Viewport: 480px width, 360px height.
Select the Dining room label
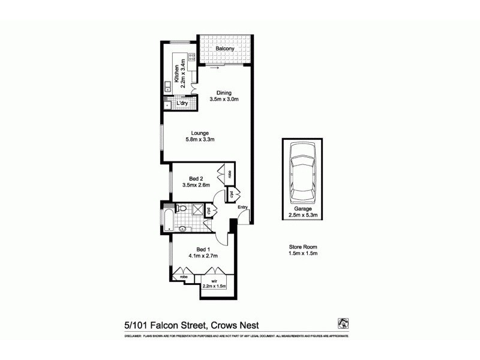tap(224, 96)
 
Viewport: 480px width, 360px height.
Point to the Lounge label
tap(200, 136)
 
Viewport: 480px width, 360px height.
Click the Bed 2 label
tap(197, 182)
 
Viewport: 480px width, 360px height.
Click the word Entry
tap(242, 208)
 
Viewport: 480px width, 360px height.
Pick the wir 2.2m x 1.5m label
tap(214, 283)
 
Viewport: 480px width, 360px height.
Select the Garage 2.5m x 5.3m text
tap(301, 212)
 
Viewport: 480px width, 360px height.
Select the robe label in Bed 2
tap(230, 175)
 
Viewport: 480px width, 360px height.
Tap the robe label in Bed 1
tap(184, 277)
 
